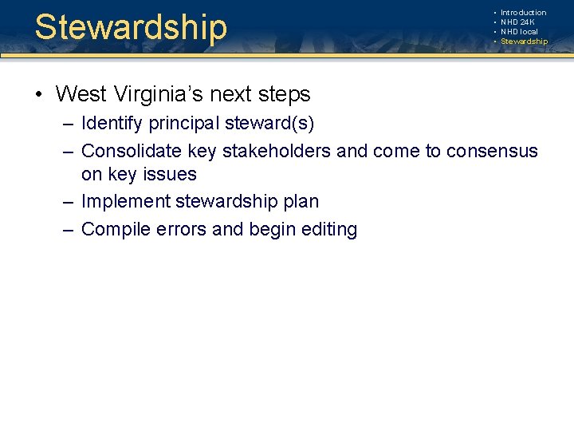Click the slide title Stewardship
[x=131, y=27]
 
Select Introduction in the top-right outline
[x=523, y=13]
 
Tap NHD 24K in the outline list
[x=517, y=22]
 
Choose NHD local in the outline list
[x=519, y=32]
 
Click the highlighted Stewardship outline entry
[x=524, y=42]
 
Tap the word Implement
[x=120, y=202]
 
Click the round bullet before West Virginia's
[x=38, y=95]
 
